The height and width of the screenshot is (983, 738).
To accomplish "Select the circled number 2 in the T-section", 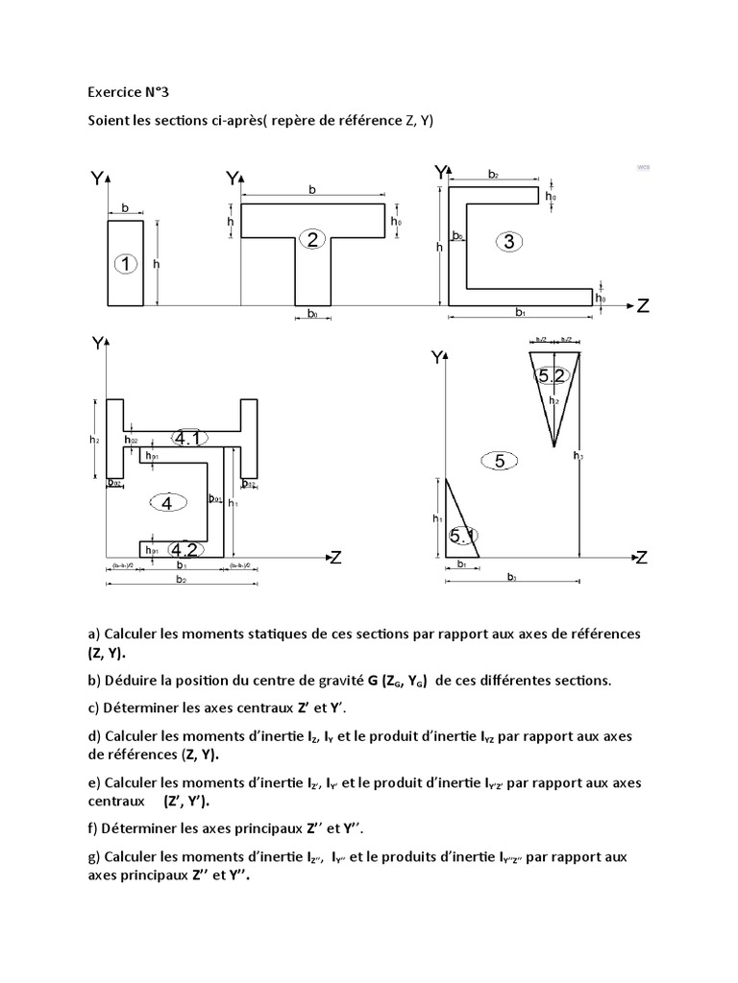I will click(312, 239).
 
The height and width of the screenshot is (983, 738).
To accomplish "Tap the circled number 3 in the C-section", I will click(507, 241).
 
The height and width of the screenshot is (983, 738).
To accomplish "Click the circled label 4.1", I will click(186, 439).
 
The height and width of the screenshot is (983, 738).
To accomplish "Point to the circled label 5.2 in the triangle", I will click(554, 376).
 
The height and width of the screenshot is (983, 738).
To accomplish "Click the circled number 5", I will click(499, 461).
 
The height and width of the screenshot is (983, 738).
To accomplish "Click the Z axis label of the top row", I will click(643, 306).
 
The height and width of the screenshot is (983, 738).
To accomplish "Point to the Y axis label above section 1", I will click(97, 180).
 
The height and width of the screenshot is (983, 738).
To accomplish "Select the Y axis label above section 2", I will click(232, 179).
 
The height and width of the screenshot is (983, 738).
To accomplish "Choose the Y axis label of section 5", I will click(439, 357).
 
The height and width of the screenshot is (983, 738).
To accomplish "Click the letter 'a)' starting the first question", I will click(93, 635).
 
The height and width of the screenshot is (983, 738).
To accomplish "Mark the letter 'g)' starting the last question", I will click(93, 857).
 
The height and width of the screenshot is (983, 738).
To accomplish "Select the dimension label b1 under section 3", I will click(520, 313).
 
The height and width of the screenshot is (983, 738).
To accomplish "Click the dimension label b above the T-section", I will click(311, 190).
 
